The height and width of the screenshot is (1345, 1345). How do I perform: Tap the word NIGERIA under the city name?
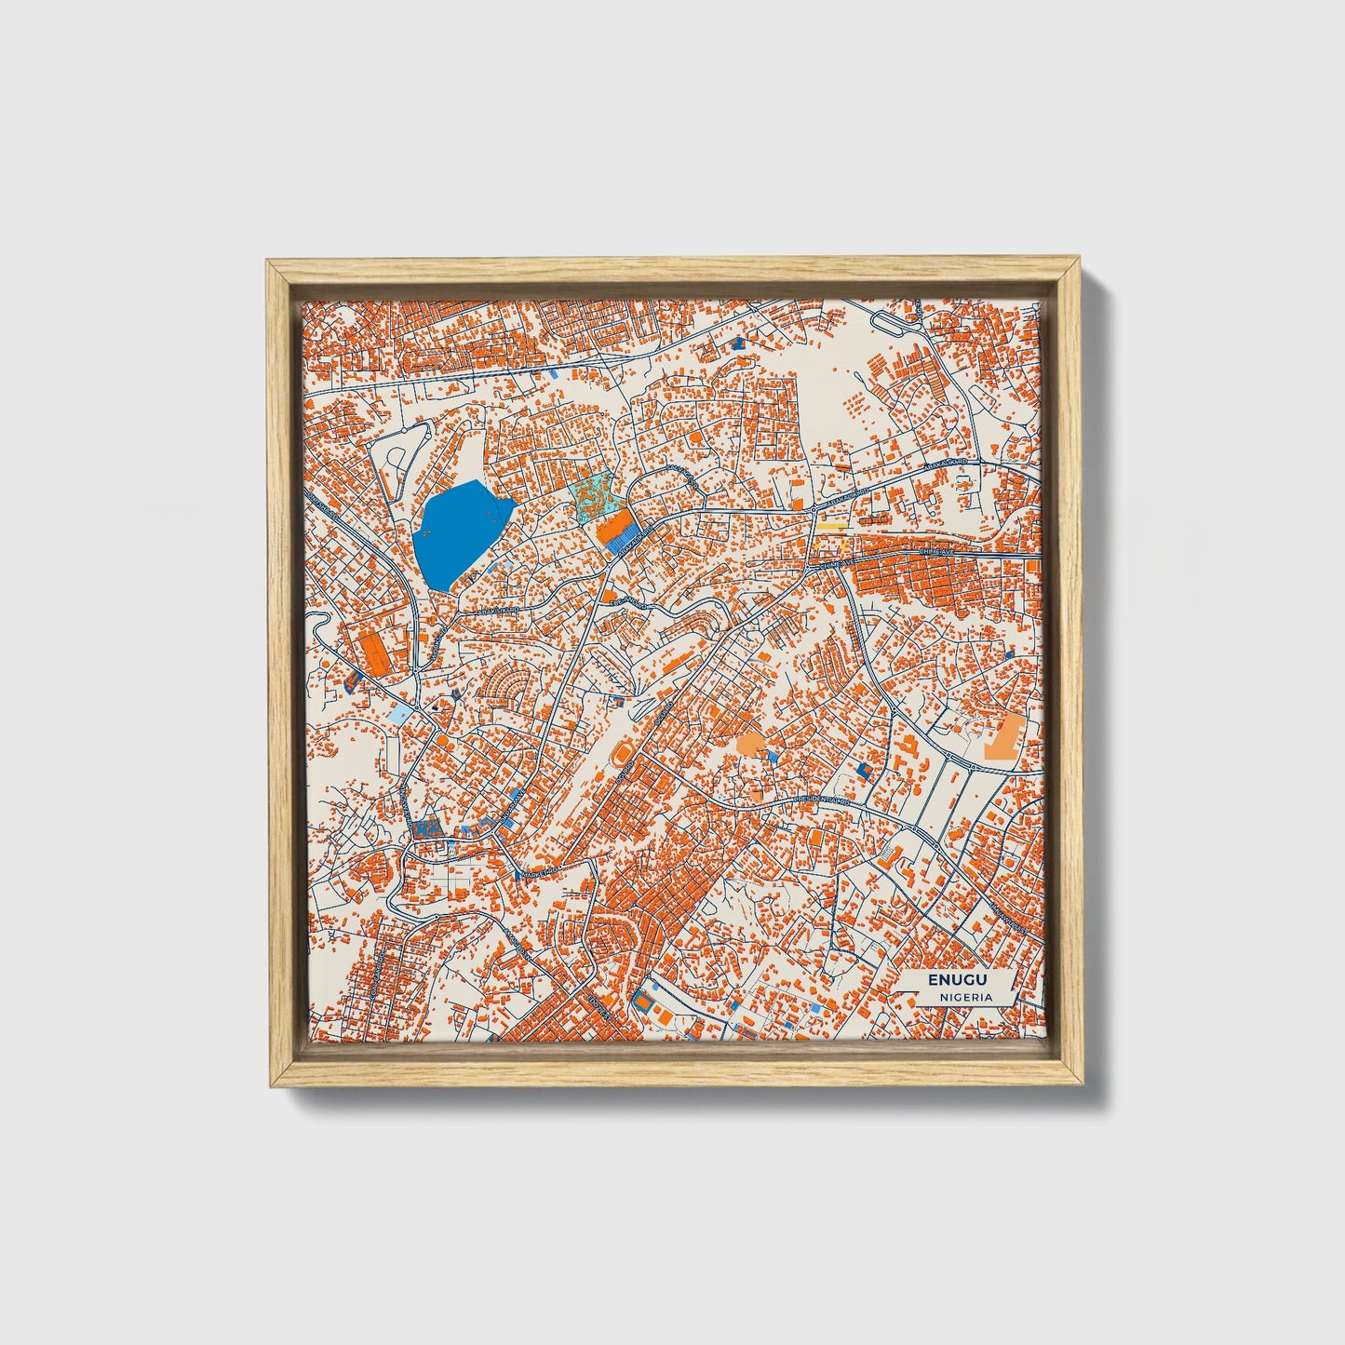coord(965,997)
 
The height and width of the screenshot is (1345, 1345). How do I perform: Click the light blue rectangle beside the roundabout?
coord(399,715)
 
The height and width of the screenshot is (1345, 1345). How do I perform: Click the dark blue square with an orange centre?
coord(865,770)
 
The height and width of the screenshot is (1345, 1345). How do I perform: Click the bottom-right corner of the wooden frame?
coord(1083,1085)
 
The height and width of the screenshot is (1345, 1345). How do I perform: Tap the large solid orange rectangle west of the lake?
coord(377,653)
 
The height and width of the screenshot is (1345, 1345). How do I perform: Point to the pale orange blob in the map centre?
coord(750,743)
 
